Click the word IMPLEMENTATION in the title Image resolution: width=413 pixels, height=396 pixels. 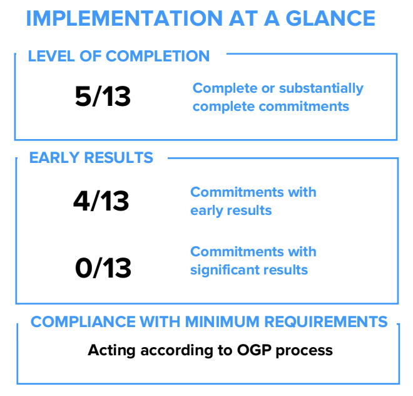pyautogui.click(x=125, y=18)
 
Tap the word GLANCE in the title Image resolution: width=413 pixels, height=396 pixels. pyautogui.click(x=330, y=18)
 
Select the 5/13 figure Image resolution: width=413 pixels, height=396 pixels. pyautogui.click(x=103, y=96)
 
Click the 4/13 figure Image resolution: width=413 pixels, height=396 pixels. pyautogui.click(x=101, y=201)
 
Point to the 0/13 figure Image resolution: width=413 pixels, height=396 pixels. pyautogui.click(x=103, y=268)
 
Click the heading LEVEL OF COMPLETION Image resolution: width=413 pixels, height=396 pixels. pyautogui.click(x=119, y=56)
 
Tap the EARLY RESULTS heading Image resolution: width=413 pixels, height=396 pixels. pyautogui.click(x=91, y=157)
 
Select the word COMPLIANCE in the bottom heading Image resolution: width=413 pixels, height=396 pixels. pyautogui.click(x=83, y=321)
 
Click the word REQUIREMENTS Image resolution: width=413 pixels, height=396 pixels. pyautogui.click(x=326, y=321)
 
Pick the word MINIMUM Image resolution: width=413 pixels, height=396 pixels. pyautogui.click(x=222, y=321)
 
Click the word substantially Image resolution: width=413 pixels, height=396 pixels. pyautogui.click(x=322, y=88)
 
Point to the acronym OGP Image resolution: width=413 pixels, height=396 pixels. pyautogui.click(x=254, y=350)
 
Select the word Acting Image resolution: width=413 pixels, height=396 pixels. pyautogui.click(x=111, y=351)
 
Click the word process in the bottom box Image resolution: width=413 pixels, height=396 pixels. pyautogui.click(x=304, y=352)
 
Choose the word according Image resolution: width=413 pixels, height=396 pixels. pyautogui.click(x=176, y=351)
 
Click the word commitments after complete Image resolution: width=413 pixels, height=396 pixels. pyautogui.click(x=304, y=107)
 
